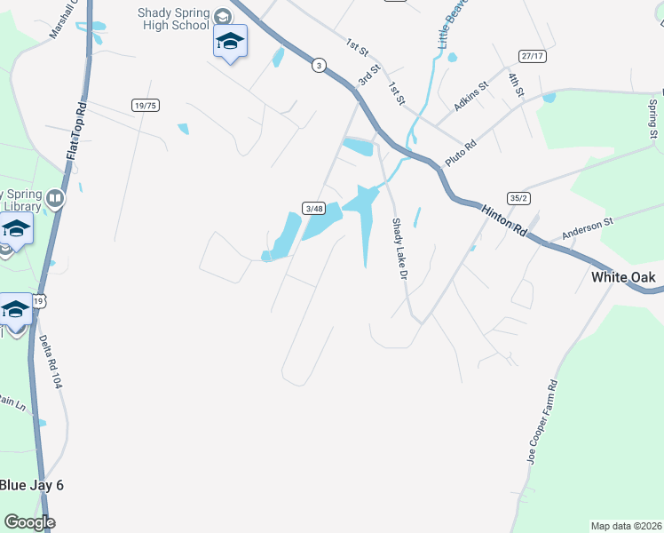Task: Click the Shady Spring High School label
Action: click(x=175, y=19)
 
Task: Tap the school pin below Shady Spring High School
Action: click(x=230, y=42)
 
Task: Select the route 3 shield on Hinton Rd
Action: click(x=319, y=64)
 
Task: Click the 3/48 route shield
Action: click(x=312, y=208)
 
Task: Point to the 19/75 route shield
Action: click(x=145, y=105)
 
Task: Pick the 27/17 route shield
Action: click(x=533, y=56)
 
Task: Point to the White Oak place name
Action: click(x=623, y=277)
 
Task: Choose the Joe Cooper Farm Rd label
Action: click(x=541, y=422)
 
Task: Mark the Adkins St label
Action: click(x=471, y=95)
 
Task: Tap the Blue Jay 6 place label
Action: click(x=31, y=485)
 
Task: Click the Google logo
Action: click(x=29, y=522)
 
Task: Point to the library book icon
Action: click(x=55, y=198)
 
